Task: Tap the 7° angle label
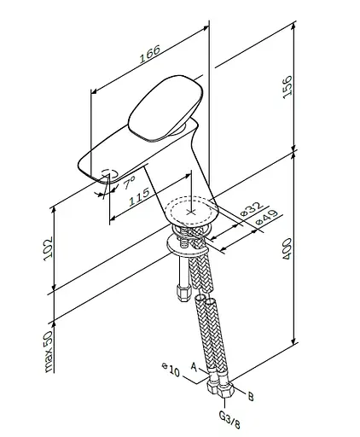[x=130, y=183]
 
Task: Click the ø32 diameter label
[x=250, y=209]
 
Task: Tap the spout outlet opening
[x=107, y=175]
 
